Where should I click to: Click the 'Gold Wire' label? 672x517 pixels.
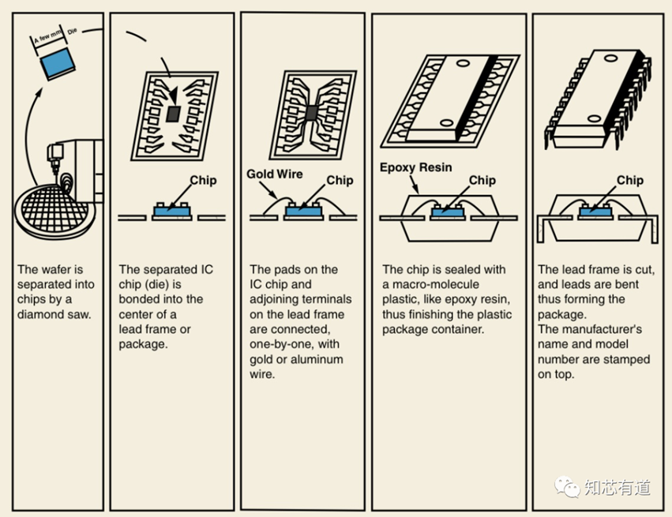click(x=274, y=174)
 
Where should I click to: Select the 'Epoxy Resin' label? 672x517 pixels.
click(x=415, y=167)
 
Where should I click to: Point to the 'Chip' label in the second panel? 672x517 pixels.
click(x=203, y=180)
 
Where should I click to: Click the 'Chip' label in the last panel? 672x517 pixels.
click(x=629, y=180)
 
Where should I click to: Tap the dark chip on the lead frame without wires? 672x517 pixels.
click(x=174, y=114)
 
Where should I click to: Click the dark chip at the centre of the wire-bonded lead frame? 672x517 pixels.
click(x=311, y=113)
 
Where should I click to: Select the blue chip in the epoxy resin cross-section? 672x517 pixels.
click(x=446, y=212)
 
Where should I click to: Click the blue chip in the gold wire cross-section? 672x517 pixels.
click(x=303, y=212)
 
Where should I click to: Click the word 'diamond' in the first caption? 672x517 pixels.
click(x=44, y=314)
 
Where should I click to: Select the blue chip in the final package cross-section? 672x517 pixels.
click(x=595, y=212)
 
